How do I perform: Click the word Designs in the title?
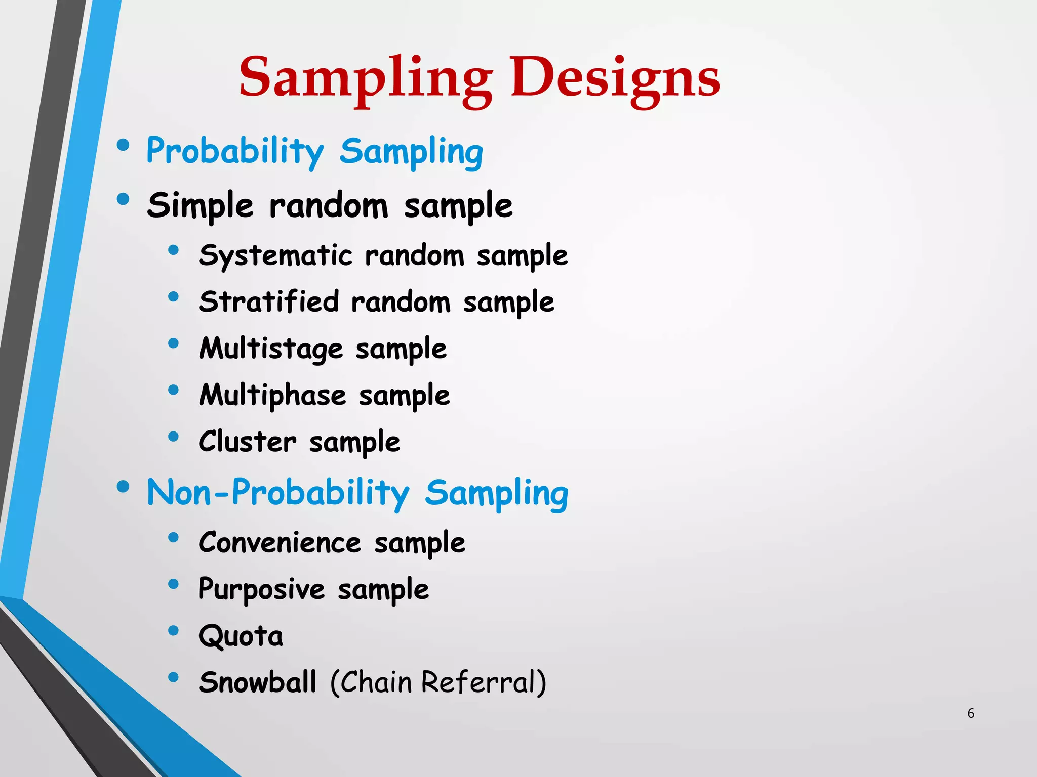click(615, 78)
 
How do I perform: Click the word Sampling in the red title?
click(366, 78)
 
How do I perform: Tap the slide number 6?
click(971, 713)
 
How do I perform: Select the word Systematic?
click(275, 255)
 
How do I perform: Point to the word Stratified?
click(268, 302)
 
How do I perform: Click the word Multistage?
click(271, 349)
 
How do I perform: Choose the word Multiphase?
click(272, 396)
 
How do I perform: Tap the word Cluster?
click(247, 442)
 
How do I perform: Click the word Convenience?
click(280, 543)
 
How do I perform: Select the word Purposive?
click(261, 590)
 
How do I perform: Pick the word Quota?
click(241, 636)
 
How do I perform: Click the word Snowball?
click(258, 682)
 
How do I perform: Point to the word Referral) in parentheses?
click(484, 682)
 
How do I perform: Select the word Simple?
click(200, 206)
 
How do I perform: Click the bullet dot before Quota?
click(174, 630)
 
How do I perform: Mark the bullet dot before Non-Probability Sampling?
click(123, 487)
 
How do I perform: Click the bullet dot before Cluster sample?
click(174, 436)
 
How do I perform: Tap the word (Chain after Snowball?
click(371, 682)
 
